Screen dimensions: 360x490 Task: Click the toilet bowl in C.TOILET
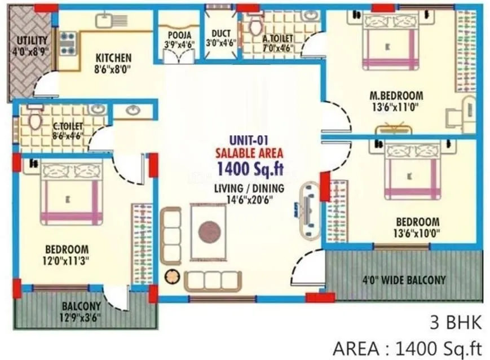click(36, 120)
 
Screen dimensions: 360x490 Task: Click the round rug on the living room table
click(209, 231)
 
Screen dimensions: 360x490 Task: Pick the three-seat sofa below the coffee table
click(213, 280)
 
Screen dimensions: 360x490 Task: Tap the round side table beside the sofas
click(171, 277)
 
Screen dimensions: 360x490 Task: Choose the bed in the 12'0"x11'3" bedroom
click(71, 191)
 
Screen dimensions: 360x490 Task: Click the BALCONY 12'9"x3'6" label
click(81, 311)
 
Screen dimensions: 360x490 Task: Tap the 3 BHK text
click(456, 323)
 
